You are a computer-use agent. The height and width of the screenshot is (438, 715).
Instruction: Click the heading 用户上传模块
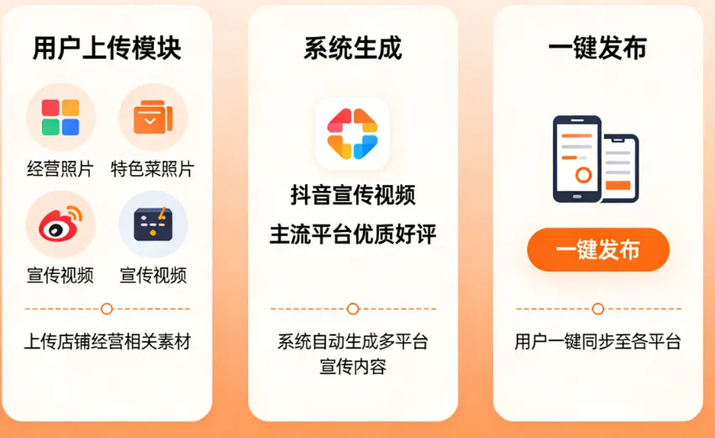pos(107,49)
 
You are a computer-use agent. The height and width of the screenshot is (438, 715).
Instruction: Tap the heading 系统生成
pos(353,49)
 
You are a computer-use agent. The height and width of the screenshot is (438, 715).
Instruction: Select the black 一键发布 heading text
pos(597,49)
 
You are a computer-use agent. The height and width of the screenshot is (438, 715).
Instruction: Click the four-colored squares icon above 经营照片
pos(60,118)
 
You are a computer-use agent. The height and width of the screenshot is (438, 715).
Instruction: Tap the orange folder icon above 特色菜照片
pos(152,118)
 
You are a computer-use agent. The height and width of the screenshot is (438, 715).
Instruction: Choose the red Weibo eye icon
pos(60,224)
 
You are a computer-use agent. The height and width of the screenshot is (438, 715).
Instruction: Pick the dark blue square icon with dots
pos(152,224)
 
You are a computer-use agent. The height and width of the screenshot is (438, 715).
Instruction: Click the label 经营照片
pos(60,169)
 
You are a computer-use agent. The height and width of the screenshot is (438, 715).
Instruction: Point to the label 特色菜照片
pos(152,169)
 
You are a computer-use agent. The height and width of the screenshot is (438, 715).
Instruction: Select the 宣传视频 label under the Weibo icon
pos(60,275)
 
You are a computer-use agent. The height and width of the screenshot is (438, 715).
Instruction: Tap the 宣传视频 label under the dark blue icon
pos(152,275)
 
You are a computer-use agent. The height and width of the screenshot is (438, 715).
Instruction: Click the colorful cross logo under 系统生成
pos(353,134)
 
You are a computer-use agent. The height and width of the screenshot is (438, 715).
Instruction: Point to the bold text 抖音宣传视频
pos(353,196)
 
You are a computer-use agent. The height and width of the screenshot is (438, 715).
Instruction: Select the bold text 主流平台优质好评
pos(353,235)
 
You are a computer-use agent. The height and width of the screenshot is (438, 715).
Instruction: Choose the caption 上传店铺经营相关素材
pos(107,342)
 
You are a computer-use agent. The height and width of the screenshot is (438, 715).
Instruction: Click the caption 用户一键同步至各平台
pos(597,342)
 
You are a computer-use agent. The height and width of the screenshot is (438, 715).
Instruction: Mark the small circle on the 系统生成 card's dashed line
pos(353,309)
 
